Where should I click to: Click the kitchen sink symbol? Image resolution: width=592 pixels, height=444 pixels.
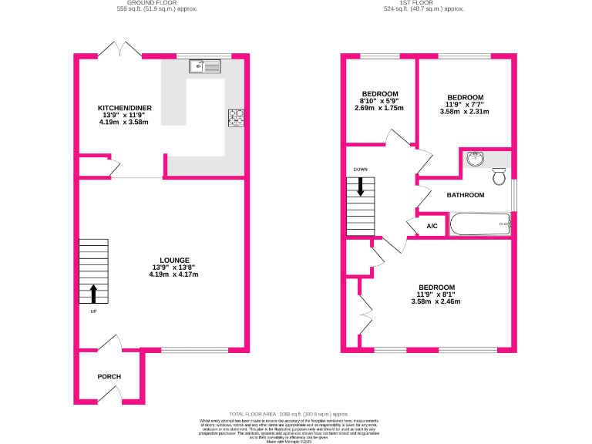(205, 67)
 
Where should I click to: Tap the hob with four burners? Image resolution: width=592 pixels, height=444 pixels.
(236, 118)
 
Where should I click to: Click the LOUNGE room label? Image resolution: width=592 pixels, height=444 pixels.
(174, 261)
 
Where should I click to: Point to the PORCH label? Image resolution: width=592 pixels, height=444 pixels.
(109, 376)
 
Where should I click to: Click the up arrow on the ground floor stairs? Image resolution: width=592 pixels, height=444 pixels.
(94, 294)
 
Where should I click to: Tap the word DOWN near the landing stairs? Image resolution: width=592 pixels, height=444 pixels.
(360, 169)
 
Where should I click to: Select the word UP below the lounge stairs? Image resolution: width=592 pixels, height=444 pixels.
(94, 311)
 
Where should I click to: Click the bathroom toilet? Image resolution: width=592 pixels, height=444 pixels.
(499, 178)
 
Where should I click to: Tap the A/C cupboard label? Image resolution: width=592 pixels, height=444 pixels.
(432, 227)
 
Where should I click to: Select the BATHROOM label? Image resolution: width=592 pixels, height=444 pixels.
(466, 195)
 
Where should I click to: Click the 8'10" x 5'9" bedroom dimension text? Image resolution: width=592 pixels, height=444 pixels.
(379, 101)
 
